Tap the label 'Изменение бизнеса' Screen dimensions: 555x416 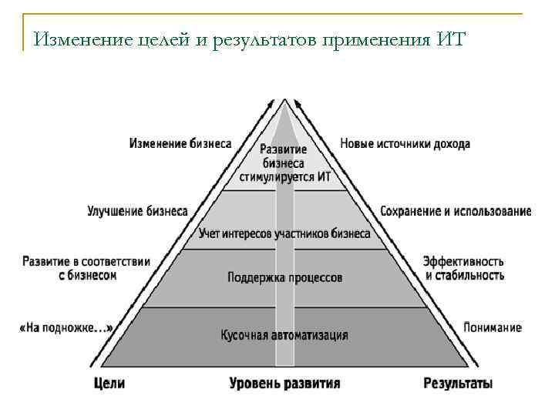coord(180,144)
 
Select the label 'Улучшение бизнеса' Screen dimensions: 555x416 coord(138,210)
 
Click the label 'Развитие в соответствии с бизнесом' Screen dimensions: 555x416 coord(86,268)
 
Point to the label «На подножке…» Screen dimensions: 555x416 coord(66,327)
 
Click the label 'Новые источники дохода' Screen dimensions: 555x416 coord(405,144)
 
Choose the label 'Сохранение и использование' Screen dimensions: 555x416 coord(456,211)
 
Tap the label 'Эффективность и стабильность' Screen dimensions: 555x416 coord(463,268)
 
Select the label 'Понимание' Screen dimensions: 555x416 coord(492,327)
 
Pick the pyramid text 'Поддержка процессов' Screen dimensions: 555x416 coord(285,277)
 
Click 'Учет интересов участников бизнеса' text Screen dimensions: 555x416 coord(284,233)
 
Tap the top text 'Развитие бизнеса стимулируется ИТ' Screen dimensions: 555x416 coord(284,163)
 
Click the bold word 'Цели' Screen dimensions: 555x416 coord(109,382)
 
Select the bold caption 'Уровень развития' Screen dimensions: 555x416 coord(284,382)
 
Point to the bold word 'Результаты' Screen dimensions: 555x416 coord(458,382)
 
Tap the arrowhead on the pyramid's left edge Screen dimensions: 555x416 coord(271,102)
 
